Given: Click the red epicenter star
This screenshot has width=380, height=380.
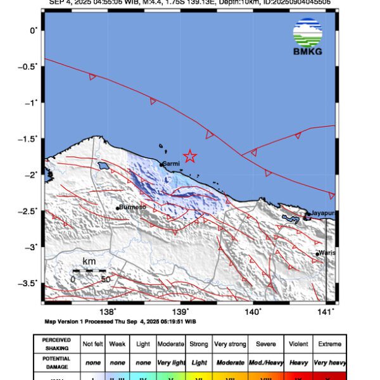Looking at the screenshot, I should point(189,156).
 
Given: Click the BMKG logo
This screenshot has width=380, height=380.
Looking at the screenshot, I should point(308,37).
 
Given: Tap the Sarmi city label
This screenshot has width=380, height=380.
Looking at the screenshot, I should point(171,163).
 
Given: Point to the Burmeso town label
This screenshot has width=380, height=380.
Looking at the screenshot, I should point(132,207).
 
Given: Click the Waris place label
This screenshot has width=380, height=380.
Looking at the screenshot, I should point(327,253).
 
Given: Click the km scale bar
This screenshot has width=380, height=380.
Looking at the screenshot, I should point(89,270).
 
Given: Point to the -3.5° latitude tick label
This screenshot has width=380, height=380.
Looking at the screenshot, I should point(28,283).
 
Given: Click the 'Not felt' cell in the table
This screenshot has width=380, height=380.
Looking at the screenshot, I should point(94,344).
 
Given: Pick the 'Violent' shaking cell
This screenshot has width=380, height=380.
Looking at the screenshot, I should point(298,344).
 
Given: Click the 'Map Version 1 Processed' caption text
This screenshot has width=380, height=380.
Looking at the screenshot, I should point(120,321).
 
